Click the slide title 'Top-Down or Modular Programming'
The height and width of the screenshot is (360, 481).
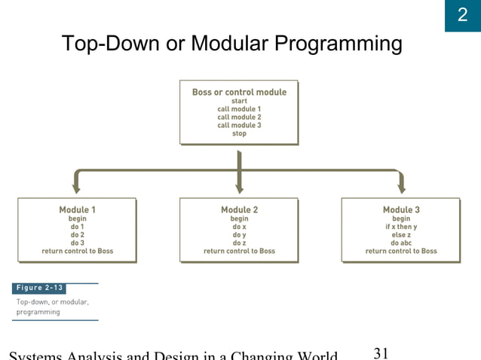[231, 44]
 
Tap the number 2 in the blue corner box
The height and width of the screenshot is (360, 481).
[462, 15]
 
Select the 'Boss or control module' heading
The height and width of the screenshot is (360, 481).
[239, 92]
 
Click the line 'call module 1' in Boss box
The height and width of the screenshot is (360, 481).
[239, 109]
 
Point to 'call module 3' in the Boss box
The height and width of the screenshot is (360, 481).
[239, 125]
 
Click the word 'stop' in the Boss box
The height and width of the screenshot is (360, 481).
[239, 133]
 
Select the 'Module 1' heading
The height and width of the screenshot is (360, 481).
[77, 209]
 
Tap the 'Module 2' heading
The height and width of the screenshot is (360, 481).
[239, 209]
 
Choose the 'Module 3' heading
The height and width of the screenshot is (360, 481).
[401, 209]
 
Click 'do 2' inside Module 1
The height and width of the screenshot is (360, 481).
[77, 234]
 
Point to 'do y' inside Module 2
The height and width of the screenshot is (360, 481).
[239, 234]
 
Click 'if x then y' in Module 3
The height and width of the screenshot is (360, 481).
[401, 226]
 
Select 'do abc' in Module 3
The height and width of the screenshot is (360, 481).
[401, 243]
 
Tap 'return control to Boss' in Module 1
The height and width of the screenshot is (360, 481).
[77, 251]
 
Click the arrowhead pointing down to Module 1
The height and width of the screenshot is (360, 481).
[77, 188]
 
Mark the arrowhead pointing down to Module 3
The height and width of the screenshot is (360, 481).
[401, 188]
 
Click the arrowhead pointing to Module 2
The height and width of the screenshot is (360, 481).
[239, 188]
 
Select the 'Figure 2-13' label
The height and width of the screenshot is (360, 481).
[39, 288]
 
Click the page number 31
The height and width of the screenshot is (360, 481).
[381, 352]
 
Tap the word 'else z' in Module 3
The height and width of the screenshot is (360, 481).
[401, 234]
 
